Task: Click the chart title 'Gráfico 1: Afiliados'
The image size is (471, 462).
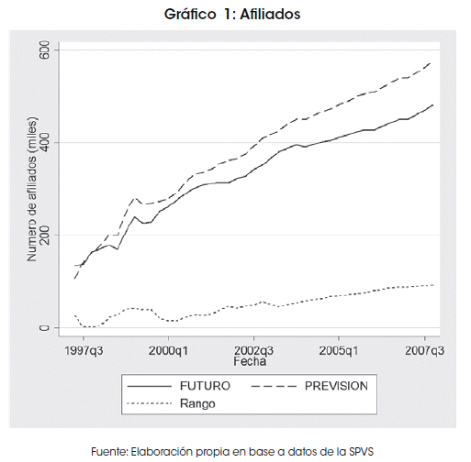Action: coord(232,15)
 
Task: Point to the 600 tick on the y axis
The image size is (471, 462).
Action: coord(44,49)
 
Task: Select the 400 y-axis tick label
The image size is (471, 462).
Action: coord(44,142)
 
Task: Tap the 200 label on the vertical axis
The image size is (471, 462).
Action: coord(44,235)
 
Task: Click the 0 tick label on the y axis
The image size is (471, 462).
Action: coord(44,328)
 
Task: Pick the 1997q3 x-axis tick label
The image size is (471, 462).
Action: coord(84,351)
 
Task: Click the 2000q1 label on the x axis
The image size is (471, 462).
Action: coord(168,351)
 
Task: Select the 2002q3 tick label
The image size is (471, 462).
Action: coord(253,351)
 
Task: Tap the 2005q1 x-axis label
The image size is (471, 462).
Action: coord(339,351)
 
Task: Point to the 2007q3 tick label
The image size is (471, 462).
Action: coord(424,351)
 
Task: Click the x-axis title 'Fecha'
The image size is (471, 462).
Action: coord(250,361)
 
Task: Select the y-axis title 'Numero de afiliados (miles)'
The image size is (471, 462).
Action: coord(32,189)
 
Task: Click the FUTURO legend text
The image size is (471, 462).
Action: coord(205,386)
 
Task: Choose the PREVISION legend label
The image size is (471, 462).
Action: coord(336,386)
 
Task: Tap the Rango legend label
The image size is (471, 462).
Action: coord(197,404)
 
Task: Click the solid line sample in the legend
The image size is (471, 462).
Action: coord(150,387)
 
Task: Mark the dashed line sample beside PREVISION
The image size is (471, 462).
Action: coord(274,387)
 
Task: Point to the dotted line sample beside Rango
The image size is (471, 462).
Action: coord(150,404)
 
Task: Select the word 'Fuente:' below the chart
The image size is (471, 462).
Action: coord(109,452)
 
